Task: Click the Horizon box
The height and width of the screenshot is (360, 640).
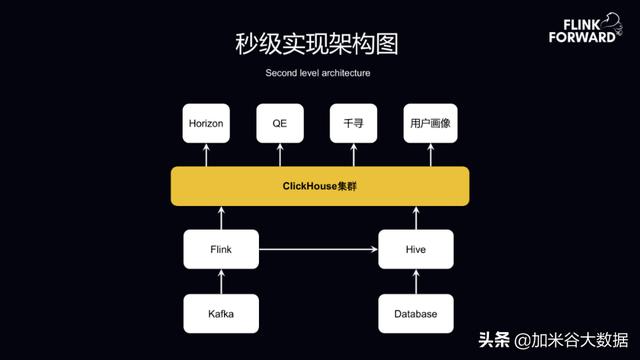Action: click(x=206, y=124)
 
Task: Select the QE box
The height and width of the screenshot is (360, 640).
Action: click(x=279, y=124)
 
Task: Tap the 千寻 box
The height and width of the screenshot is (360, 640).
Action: click(x=352, y=124)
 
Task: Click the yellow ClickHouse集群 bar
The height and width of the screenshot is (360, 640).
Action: click(x=320, y=186)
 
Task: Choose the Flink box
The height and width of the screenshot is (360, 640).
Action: click(x=221, y=249)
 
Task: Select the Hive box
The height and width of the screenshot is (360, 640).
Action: click(x=415, y=249)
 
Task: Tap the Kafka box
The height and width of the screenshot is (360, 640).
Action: click(x=221, y=314)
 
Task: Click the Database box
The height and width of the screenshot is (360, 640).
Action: click(x=415, y=314)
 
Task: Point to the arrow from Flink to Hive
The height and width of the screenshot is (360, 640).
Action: click(x=318, y=249)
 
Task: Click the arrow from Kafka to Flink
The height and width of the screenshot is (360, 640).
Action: click(x=221, y=282)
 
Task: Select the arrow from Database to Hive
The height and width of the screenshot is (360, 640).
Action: click(x=415, y=282)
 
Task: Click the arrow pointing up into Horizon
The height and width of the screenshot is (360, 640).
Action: click(x=206, y=154)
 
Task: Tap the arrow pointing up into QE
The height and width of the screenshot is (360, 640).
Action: click(x=279, y=154)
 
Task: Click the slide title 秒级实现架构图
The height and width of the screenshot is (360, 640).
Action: click(x=320, y=44)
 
